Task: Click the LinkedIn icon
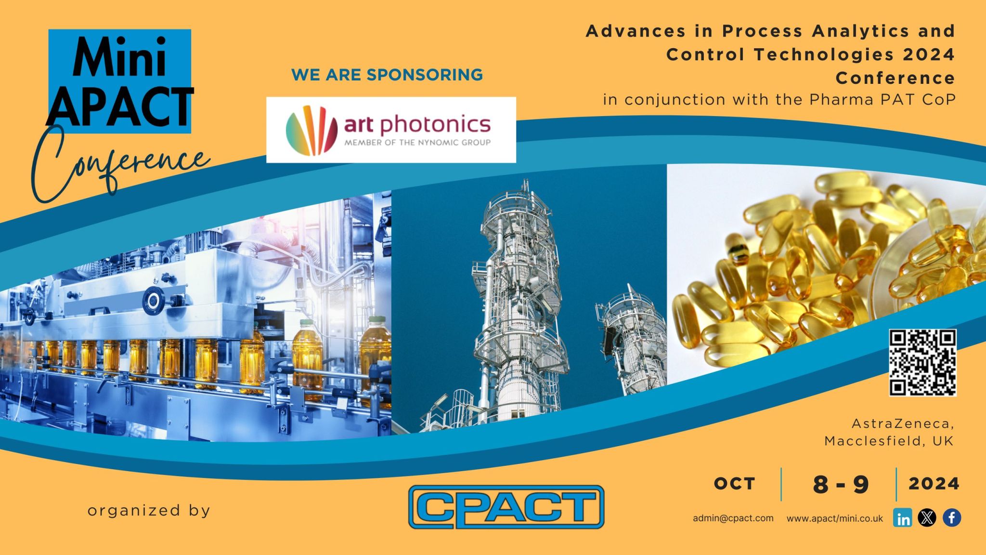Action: (x=902, y=518)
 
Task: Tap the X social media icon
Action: (x=927, y=518)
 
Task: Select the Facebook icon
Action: (x=952, y=518)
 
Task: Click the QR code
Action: (x=922, y=362)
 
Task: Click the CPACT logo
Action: (x=506, y=507)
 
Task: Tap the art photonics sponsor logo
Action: (x=391, y=130)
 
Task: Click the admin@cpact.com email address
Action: (x=733, y=518)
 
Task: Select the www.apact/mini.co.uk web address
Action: (x=835, y=518)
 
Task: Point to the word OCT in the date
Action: (x=734, y=484)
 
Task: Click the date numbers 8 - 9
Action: (x=841, y=484)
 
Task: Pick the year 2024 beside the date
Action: (x=934, y=484)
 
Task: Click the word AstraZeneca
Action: (x=903, y=423)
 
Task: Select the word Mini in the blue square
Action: (x=119, y=57)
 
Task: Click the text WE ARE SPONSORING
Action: (x=387, y=75)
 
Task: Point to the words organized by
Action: (x=149, y=511)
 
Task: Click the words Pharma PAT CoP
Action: (x=882, y=100)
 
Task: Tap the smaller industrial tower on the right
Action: (x=628, y=339)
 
